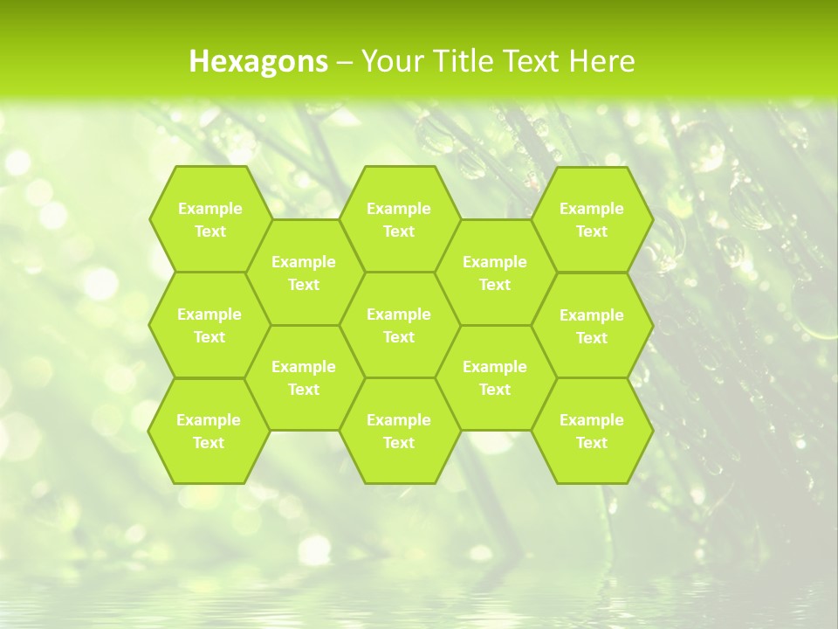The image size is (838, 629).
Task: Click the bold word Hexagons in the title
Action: pyautogui.click(x=258, y=61)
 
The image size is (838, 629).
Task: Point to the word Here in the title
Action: pyautogui.click(x=601, y=61)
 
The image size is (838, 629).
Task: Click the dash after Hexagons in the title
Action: pyautogui.click(x=345, y=61)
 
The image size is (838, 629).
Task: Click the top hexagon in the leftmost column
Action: pyautogui.click(x=209, y=219)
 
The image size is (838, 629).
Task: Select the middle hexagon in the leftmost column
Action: pyautogui.click(x=209, y=325)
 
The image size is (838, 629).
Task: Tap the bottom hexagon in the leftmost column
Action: pyautogui.click(x=209, y=431)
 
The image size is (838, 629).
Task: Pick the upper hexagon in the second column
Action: pyautogui.click(x=304, y=273)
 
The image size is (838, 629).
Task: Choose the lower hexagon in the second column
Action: pyautogui.click(x=304, y=377)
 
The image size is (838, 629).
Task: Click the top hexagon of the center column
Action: pyautogui.click(x=399, y=219)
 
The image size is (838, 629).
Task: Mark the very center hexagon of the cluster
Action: pyautogui.click(x=399, y=325)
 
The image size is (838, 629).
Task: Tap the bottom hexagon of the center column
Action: pyautogui.click(x=399, y=431)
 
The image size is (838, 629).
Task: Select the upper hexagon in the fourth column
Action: pyautogui.click(x=495, y=273)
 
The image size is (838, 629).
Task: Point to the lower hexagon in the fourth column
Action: pyautogui.click(x=495, y=377)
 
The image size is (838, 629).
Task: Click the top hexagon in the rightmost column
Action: pyautogui.click(x=592, y=219)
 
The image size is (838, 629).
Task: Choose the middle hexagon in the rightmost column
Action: pyautogui.click(x=592, y=326)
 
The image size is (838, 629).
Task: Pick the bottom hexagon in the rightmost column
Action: pyautogui.click(x=592, y=431)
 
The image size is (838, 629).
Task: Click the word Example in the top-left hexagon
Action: pyautogui.click(x=209, y=208)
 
